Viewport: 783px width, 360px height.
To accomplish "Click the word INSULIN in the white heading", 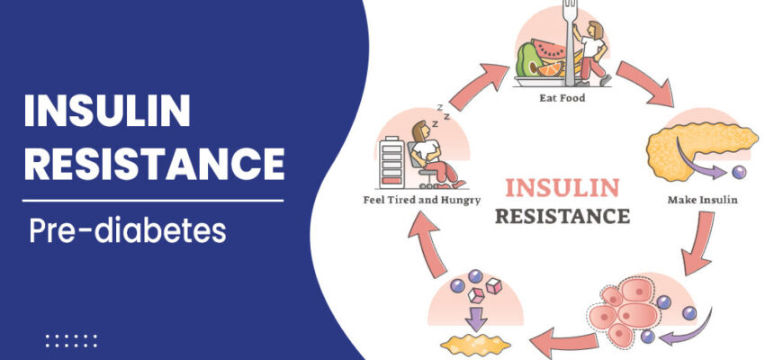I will (x=107, y=112).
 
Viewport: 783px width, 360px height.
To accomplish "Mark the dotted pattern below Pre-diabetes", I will (x=71, y=341).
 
